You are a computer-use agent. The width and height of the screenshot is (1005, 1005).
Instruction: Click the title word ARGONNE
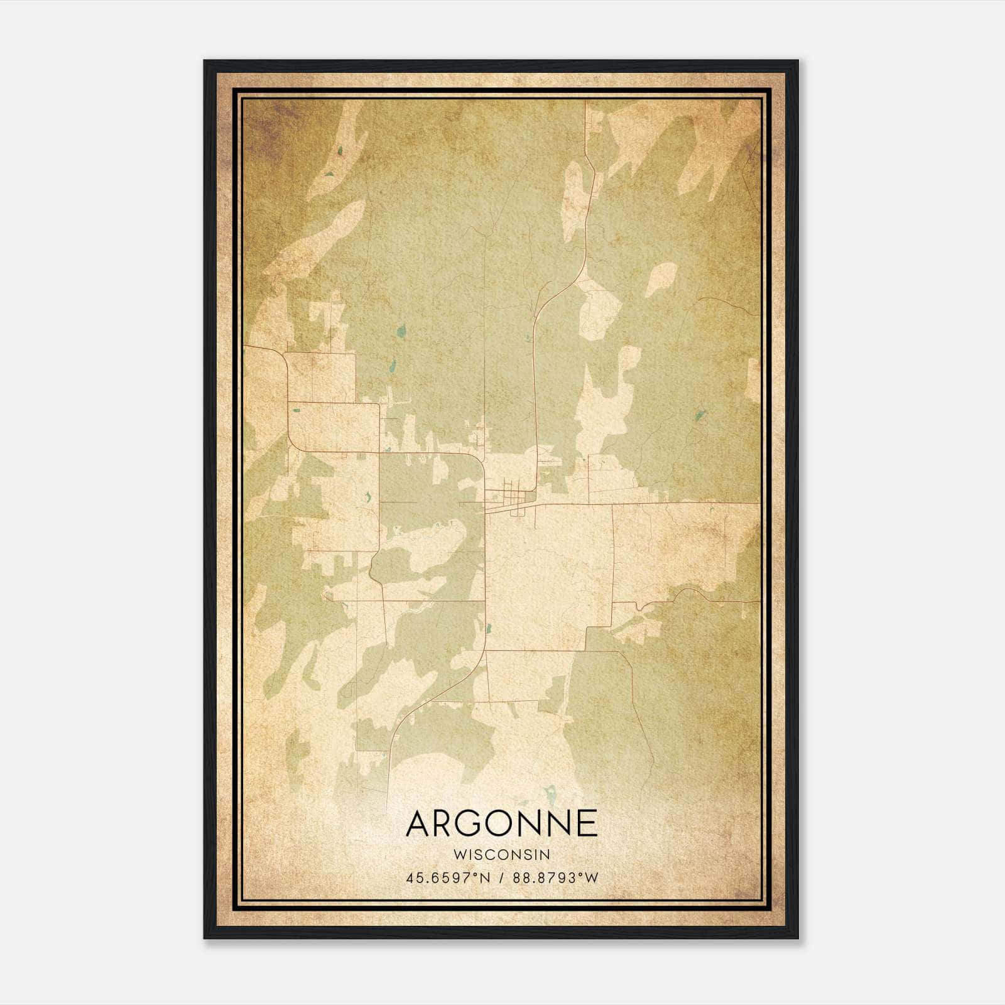(502, 823)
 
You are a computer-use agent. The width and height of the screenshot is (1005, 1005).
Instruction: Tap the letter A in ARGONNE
(420, 823)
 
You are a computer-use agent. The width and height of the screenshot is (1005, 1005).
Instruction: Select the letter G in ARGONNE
(474, 823)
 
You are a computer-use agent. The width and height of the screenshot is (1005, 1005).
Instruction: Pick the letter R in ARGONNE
(447, 823)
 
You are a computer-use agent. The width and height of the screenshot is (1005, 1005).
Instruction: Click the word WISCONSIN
(502, 855)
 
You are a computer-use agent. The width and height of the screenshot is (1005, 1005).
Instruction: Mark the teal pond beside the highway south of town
(488, 627)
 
